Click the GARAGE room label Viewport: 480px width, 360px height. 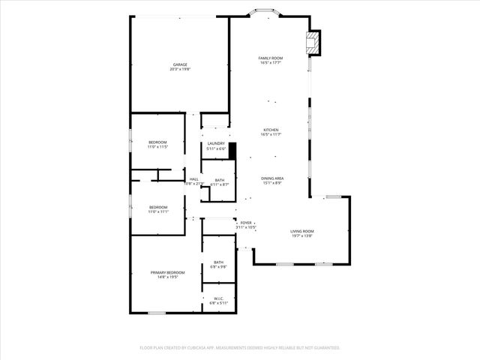180,64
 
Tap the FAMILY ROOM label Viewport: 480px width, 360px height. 270,58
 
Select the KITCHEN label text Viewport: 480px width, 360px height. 270,130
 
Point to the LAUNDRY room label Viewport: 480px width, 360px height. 216,143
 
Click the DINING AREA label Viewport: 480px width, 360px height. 271,178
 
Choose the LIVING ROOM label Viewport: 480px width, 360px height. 302,231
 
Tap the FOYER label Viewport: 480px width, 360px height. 246,223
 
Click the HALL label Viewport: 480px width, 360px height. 193,178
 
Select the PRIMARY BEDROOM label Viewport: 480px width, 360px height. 167,272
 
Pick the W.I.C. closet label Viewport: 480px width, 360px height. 219,298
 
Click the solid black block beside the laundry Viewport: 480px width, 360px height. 232,151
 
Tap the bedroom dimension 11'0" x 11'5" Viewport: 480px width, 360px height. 157,147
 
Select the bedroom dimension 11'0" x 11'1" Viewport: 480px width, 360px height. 157,211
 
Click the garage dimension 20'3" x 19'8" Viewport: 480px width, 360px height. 180,69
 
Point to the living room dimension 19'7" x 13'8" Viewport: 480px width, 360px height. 302,235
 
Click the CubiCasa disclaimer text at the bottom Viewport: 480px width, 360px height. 240,348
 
